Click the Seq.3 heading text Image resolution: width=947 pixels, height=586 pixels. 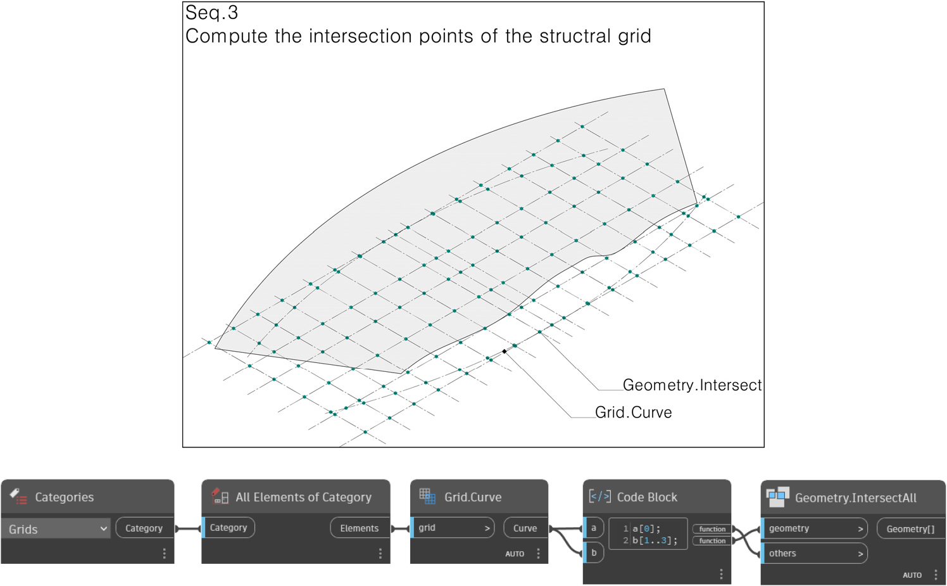pyautogui.click(x=211, y=13)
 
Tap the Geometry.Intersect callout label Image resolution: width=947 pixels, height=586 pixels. pyautogui.click(x=692, y=385)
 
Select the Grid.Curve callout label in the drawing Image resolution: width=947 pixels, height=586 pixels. pyautogui.click(x=633, y=412)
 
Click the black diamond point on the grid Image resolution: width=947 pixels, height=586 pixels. pyautogui.click(x=505, y=351)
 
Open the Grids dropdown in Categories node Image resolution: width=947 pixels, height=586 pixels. pyautogui.click(x=56, y=529)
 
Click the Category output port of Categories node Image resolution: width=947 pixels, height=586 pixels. pyautogui.click(x=144, y=528)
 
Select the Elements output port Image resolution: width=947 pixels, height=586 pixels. pyautogui.click(x=360, y=528)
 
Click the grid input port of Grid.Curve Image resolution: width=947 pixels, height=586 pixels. pyautogui.click(x=453, y=528)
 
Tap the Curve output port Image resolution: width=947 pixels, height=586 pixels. pyautogui.click(x=525, y=528)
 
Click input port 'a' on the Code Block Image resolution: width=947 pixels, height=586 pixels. pyautogui.click(x=594, y=528)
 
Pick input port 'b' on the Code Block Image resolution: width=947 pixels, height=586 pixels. pyautogui.click(x=594, y=552)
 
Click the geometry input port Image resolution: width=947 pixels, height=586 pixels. pyautogui.click(x=814, y=528)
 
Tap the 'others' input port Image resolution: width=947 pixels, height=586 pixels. pyautogui.click(x=814, y=553)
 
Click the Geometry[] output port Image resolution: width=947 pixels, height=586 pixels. pyautogui.click(x=911, y=529)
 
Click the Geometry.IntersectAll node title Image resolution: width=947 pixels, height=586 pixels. pyautogui.click(x=856, y=498)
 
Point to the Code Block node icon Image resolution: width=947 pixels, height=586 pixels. pyautogui.click(x=600, y=496)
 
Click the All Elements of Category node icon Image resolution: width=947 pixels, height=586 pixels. pyautogui.click(x=220, y=496)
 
